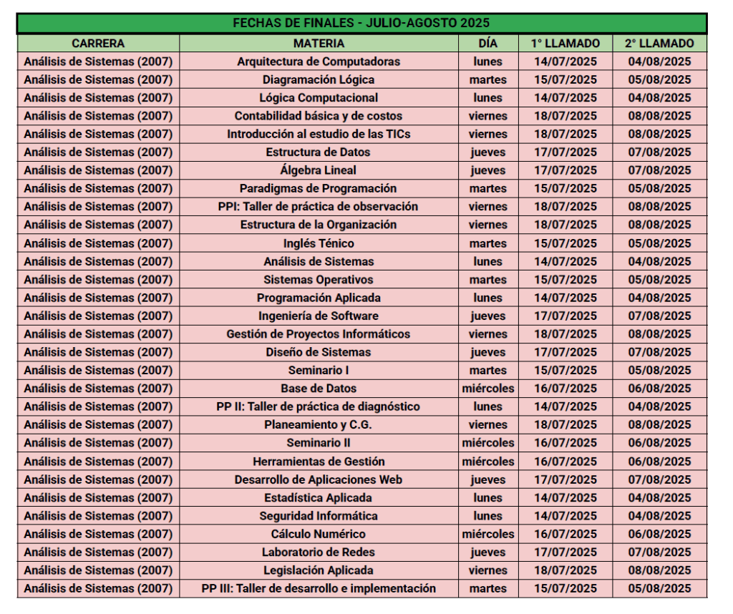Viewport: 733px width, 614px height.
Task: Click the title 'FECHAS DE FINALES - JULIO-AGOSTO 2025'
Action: tap(361, 24)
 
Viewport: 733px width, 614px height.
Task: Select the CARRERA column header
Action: tap(98, 44)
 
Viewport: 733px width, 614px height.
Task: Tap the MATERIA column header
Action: tap(319, 44)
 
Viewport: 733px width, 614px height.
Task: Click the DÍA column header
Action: tap(487, 44)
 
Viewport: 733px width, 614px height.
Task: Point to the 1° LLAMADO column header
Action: tap(565, 44)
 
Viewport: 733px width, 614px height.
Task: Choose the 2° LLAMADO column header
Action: tap(659, 44)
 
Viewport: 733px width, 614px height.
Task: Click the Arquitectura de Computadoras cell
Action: tap(319, 62)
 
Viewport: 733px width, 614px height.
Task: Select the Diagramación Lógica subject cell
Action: tap(319, 79)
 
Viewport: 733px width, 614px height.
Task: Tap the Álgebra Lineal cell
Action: tap(319, 170)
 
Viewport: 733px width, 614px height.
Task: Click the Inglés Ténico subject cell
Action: tap(319, 243)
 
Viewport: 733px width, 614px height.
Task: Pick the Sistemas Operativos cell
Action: tap(319, 280)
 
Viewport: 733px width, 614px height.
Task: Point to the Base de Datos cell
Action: tap(319, 389)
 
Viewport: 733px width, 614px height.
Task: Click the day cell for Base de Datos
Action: tap(487, 389)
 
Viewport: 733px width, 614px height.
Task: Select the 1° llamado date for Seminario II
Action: tap(565, 443)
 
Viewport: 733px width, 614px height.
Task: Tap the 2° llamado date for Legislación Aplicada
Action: tap(659, 570)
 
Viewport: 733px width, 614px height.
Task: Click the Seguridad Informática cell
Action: tap(319, 516)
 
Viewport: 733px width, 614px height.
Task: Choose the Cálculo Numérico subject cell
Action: tap(319, 534)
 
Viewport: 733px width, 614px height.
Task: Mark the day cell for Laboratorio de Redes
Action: tap(487, 552)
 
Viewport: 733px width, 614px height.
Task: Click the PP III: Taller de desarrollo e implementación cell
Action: tap(319, 588)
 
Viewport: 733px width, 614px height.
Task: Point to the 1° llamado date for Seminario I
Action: tap(565, 371)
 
